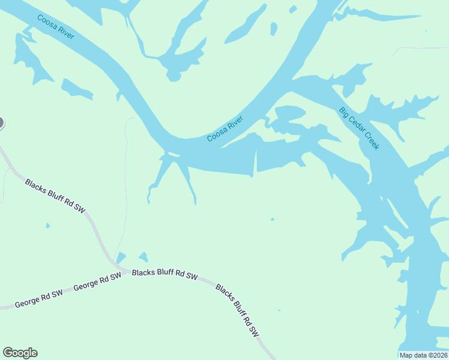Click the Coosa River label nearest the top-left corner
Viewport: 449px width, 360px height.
pyautogui.click(x=56, y=27)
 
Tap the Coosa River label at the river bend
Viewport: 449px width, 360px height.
pyautogui.click(x=225, y=129)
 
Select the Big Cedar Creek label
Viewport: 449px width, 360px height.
pyautogui.click(x=359, y=128)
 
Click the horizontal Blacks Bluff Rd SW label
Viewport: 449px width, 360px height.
pyautogui.click(x=164, y=274)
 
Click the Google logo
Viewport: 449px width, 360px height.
pyautogui.click(x=20, y=353)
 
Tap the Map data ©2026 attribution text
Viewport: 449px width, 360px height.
pyautogui.click(x=423, y=355)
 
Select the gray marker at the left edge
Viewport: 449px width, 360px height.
pyautogui.click(x=1, y=124)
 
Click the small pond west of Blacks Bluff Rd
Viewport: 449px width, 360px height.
pyautogui.click(x=47, y=226)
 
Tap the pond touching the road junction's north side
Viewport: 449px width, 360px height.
pyautogui.click(x=121, y=257)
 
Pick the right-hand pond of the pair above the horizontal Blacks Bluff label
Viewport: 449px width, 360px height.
pyautogui.click(x=143, y=257)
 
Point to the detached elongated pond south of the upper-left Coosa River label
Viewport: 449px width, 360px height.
pyautogui.click(x=77, y=89)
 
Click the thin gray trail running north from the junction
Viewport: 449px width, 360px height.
pyautogui.click(x=125, y=180)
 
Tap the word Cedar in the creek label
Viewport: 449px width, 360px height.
pyautogui.click(x=358, y=127)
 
